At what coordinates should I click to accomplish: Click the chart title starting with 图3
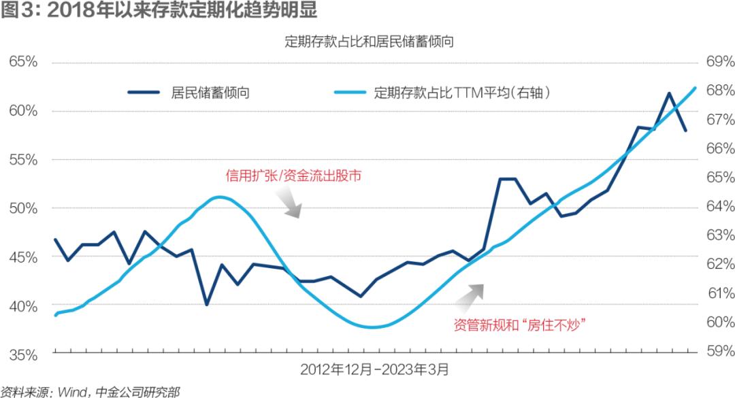pos(159,10)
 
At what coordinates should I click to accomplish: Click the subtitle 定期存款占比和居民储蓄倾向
pos(370,42)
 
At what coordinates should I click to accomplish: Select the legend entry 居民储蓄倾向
pos(189,93)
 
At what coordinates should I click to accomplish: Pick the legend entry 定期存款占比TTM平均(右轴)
pos(442,93)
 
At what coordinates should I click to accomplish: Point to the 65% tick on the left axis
pos(23,62)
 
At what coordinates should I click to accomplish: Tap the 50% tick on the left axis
pos(23,208)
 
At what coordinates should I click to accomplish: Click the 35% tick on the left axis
pos(23,355)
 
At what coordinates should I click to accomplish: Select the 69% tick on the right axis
pos(721,61)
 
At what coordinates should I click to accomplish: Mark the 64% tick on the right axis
pos(721,206)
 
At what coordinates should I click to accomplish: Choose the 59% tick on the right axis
pos(721,350)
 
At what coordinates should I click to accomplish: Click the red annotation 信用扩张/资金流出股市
pos(293,176)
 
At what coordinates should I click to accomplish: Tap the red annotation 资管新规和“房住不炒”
pos(520,325)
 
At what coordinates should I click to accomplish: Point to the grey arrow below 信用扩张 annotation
pos(289,202)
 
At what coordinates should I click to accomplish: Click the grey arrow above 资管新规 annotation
pos(470,298)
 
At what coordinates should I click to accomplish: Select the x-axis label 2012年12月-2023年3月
pos(374,369)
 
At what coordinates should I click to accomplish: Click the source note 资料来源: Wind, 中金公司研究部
pos(90,391)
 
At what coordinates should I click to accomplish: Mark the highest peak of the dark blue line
pos(669,93)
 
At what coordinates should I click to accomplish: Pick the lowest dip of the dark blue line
pos(207,305)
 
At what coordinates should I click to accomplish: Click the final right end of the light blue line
pos(695,88)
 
